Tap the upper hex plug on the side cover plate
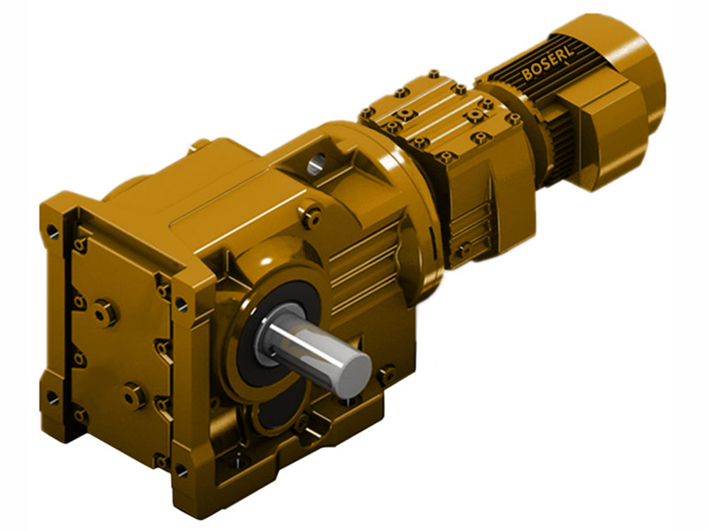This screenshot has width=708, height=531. tap(104, 312)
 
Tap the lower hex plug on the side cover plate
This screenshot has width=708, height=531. tap(134, 395)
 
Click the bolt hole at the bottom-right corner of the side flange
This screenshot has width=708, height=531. tap(181, 470)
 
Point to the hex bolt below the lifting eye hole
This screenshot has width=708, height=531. tap(311, 212)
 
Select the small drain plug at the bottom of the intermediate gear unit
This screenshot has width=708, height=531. tap(461, 250)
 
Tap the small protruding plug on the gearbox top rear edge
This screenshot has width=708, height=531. tap(201, 143)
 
